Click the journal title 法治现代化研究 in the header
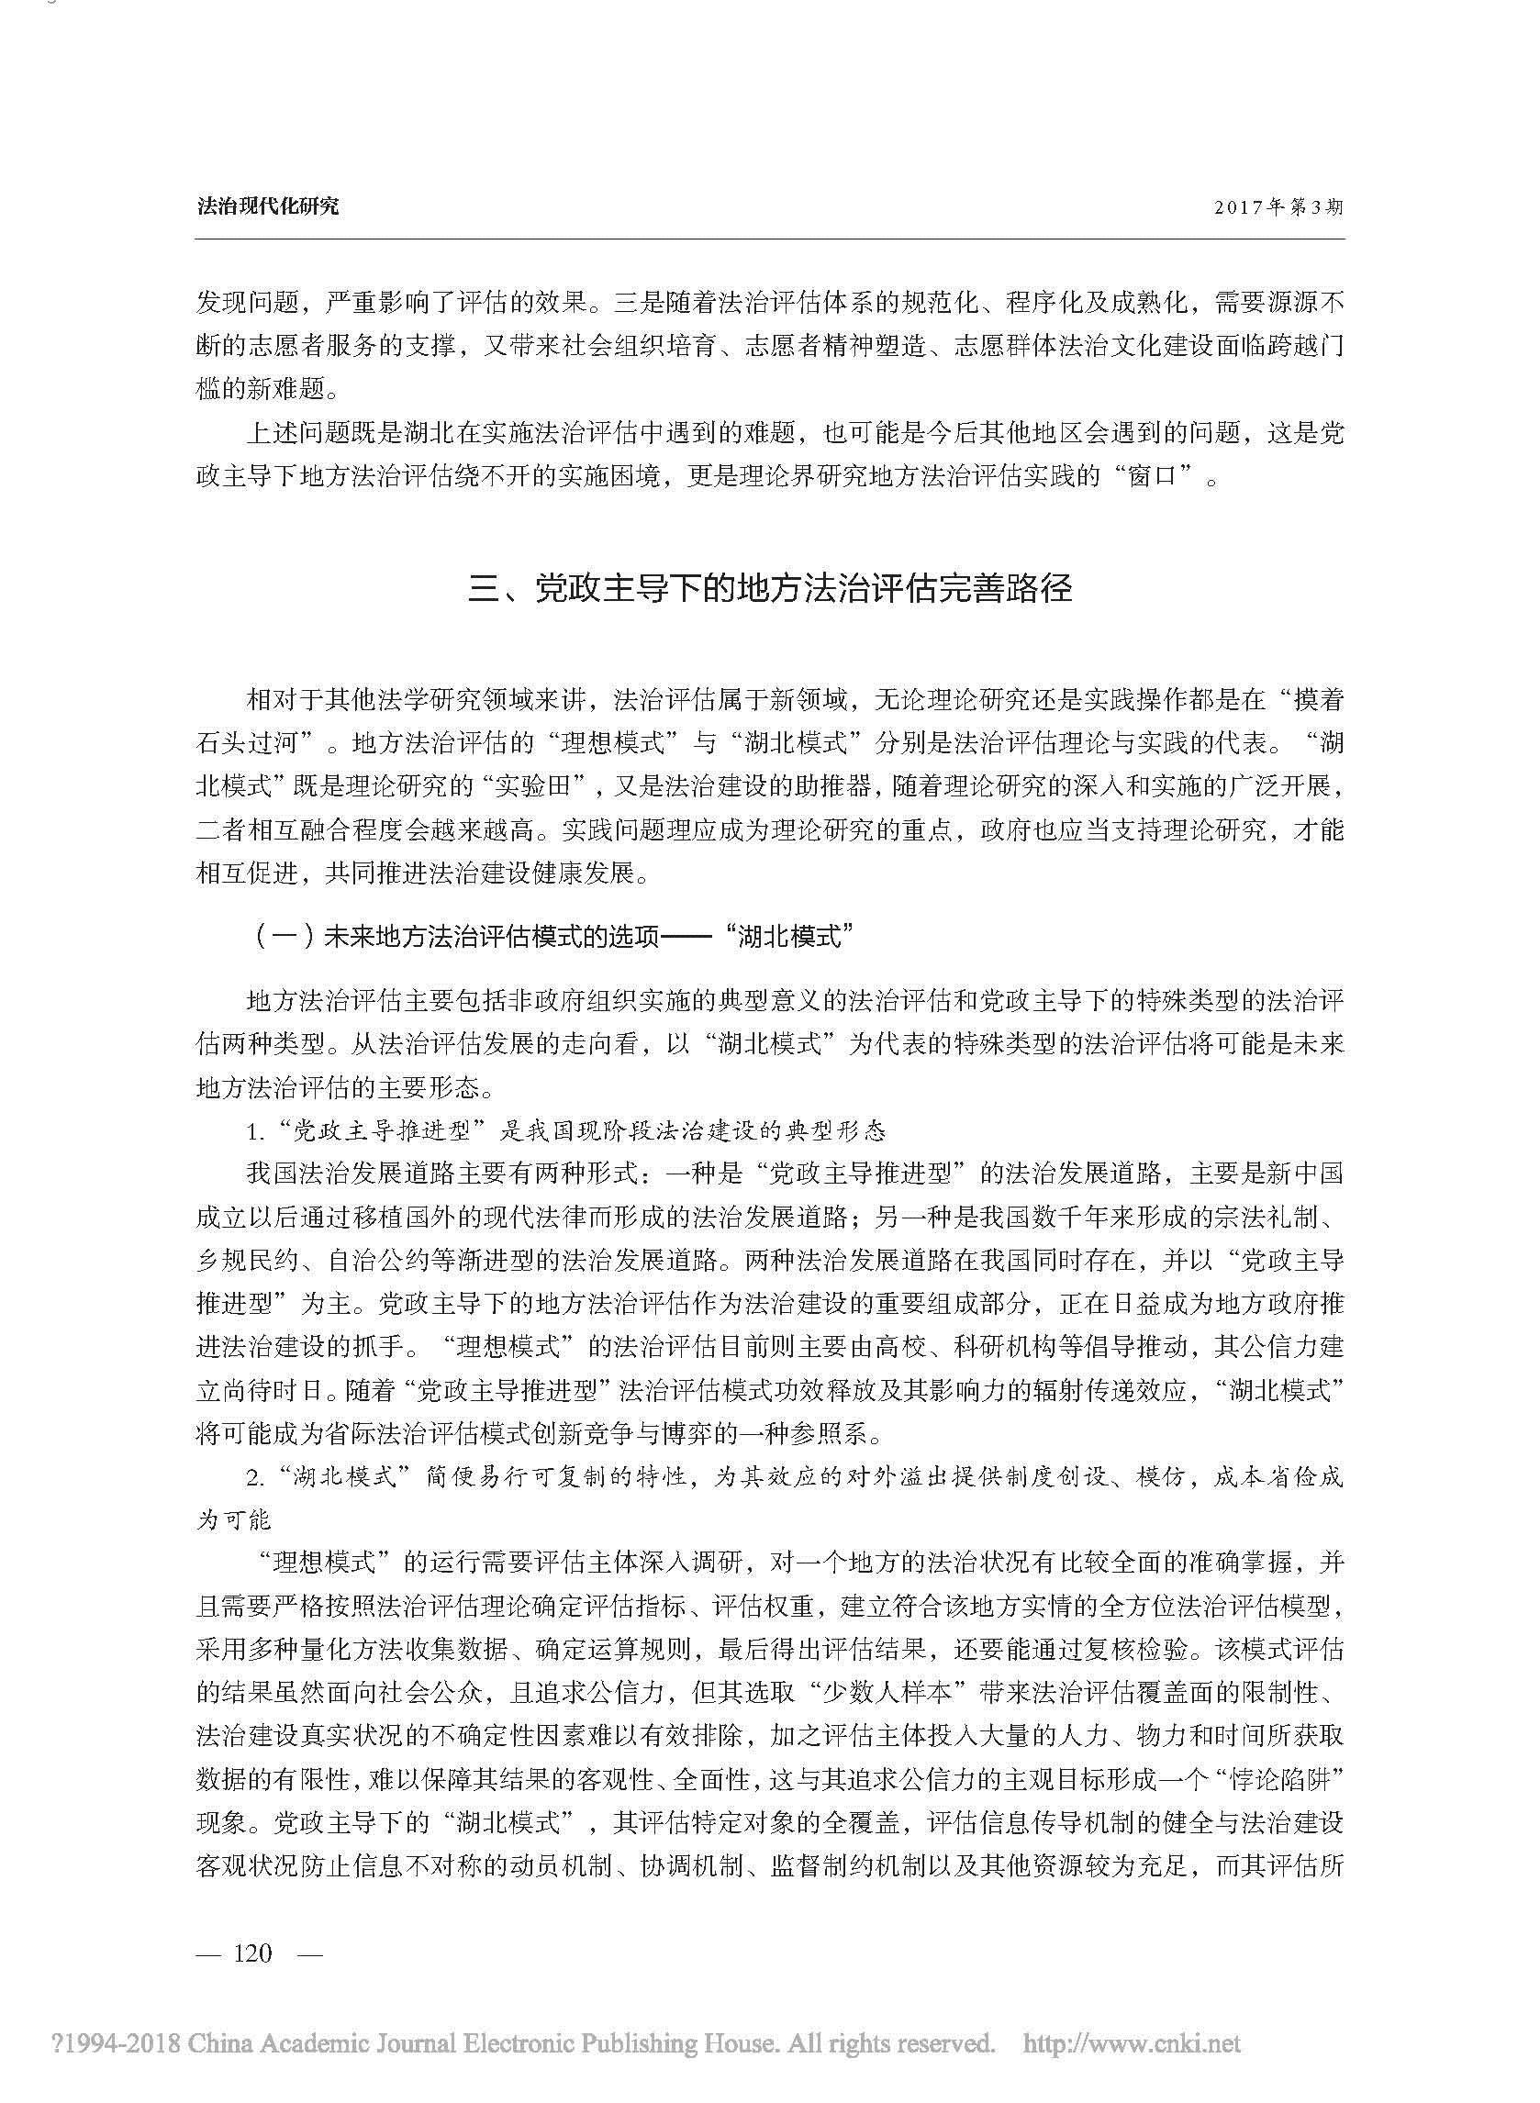point(268,206)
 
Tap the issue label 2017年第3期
point(1278,206)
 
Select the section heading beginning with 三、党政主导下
point(770,590)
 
